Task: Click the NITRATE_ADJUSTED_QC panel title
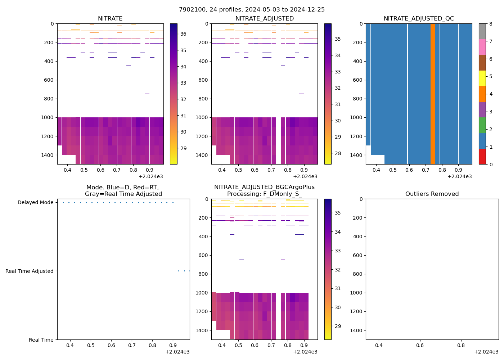click(x=419, y=19)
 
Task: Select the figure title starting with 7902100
click(x=252, y=10)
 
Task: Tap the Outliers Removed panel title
click(x=432, y=194)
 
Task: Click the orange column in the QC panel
click(x=433, y=94)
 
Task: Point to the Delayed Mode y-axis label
click(x=35, y=203)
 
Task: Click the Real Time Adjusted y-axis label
click(x=30, y=271)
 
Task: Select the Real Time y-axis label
click(x=41, y=340)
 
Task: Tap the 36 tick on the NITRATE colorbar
click(x=183, y=34)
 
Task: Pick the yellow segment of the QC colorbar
click(x=482, y=78)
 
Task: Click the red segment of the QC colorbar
click(x=482, y=157)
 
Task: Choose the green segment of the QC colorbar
click(x=482, y=125)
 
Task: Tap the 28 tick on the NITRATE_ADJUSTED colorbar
click(x=338, y=154)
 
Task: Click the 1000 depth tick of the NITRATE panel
click(x=49, y=117)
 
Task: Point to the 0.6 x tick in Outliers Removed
click(x=420, y=346)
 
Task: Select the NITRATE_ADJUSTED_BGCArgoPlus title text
click(x=264, y=187)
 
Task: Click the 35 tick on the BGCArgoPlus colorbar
click(x=338, y=213)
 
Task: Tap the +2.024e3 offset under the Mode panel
click(x=177, y=352)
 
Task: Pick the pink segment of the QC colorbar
click(x=482, y=47)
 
